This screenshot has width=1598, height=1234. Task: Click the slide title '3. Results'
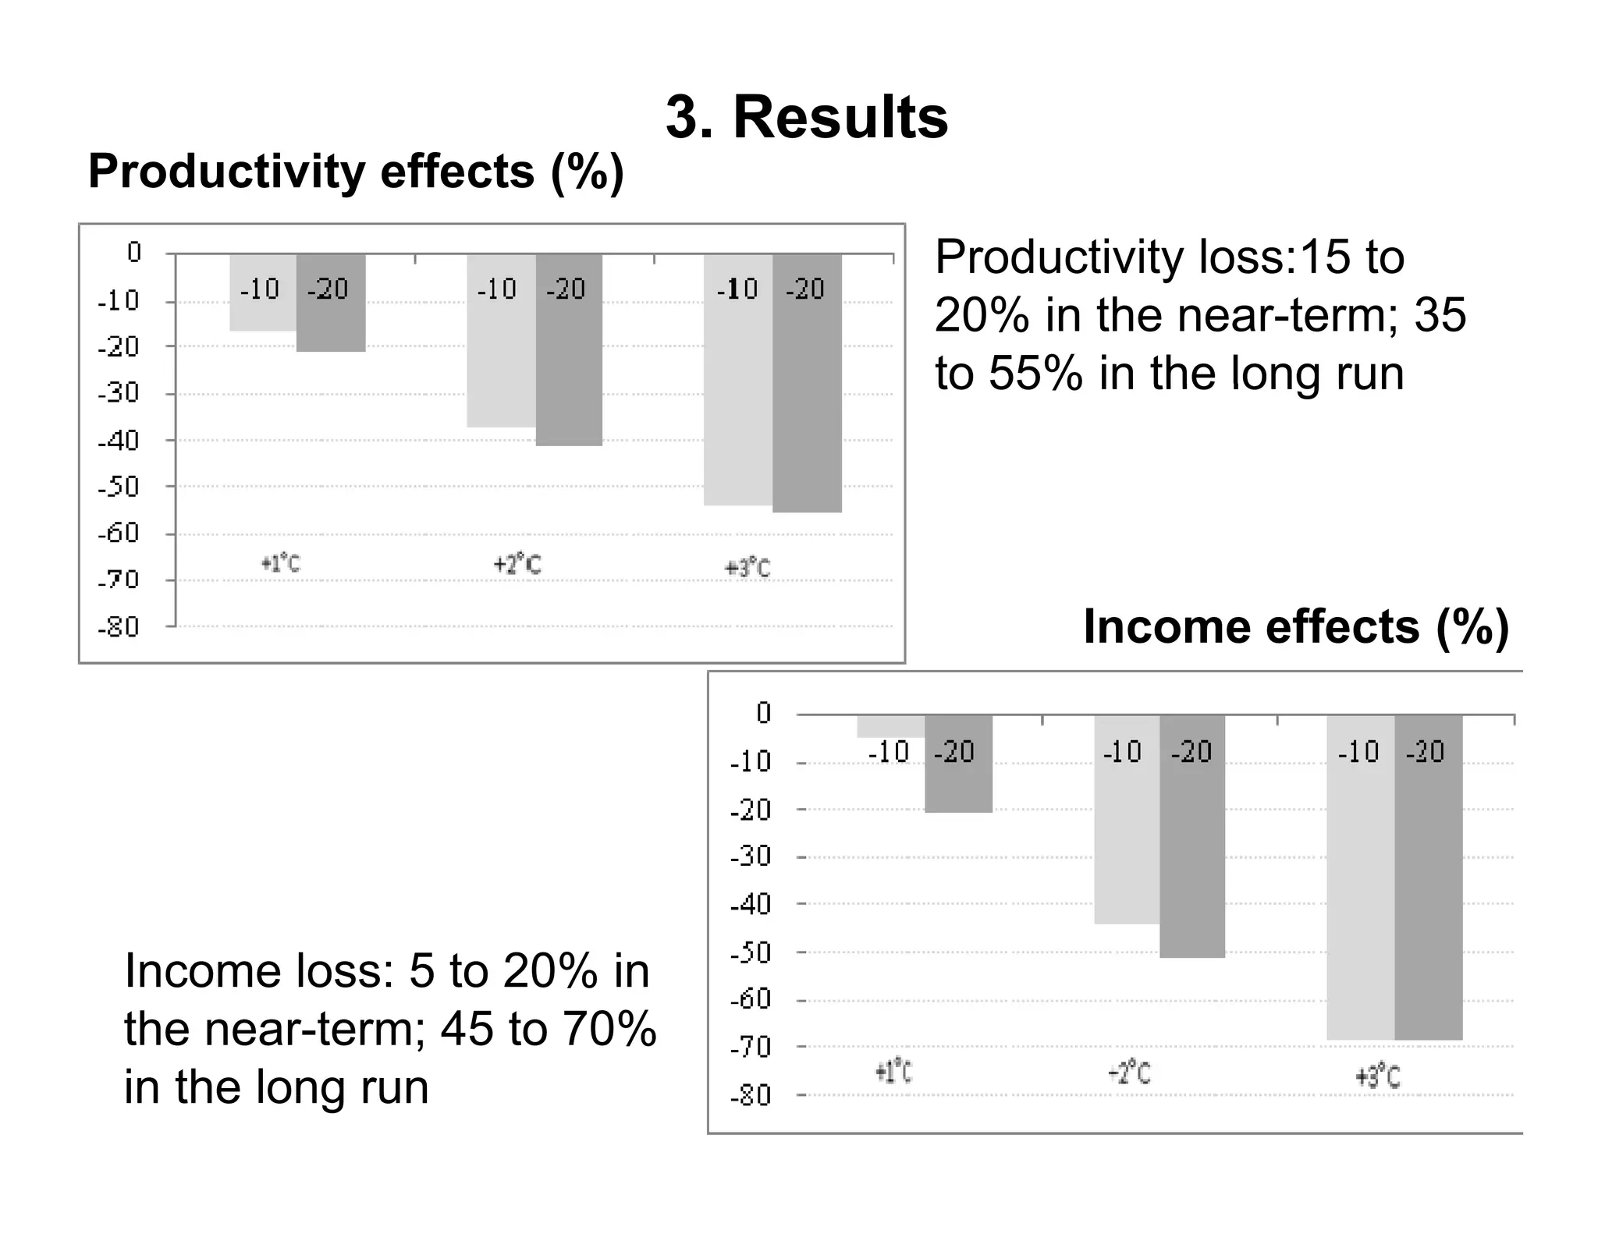tap(807, 119)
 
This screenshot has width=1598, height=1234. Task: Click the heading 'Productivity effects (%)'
tap(356, 172)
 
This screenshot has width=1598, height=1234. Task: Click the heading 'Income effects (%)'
tap(1296, 627)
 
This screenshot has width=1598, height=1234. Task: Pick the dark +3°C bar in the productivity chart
tap(807, 406)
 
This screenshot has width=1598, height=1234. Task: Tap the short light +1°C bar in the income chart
tap(890, 726)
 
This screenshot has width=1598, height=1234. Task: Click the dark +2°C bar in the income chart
tap(1191, 858)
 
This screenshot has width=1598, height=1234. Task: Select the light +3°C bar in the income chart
tap(1360, 897)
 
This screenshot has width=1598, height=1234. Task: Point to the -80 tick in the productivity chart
tap(119, 627)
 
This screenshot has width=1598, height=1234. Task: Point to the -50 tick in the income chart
tap(750, 953)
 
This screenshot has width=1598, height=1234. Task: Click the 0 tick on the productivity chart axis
tap(134, 253)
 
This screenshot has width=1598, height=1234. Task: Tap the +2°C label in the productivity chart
tap(517, 565)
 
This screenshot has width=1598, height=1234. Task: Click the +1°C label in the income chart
tap(893, 1073)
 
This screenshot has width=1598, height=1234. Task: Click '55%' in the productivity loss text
tap(1035, 373)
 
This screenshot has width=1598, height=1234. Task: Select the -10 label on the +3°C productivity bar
tap(737, 289)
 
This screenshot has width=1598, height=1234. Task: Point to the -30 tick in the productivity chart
tap(119, 393)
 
